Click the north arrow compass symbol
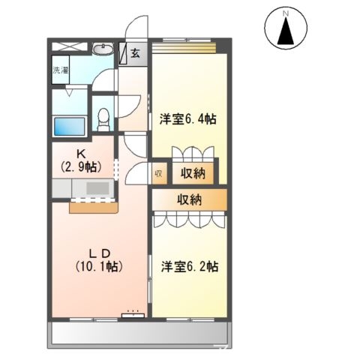[x=286, y=28]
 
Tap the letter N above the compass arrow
[x=286, y=13]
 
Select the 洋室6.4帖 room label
[x=188, y=119]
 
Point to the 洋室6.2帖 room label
[x=189, y=266]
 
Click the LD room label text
[x=100, y=253]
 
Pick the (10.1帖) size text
[x=99, y=266]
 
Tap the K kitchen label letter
[x=82, y=154]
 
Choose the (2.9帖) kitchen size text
[x=81, y=166]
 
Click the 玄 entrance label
[x=135, y=53]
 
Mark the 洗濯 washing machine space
[x=61, y=70]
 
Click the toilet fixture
[x=103, y=120]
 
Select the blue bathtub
[x=70, y=127]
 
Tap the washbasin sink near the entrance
[x=103, y=49]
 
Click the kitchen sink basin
[x=97, y=188]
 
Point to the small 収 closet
[x=159, y=174]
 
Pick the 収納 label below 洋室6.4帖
[x=193, y=173]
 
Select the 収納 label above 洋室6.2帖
[x=190, y=199]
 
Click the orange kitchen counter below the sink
[x=93, y=208]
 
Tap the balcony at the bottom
[x=139, y=334]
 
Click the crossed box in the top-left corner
[x=70, y=46]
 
